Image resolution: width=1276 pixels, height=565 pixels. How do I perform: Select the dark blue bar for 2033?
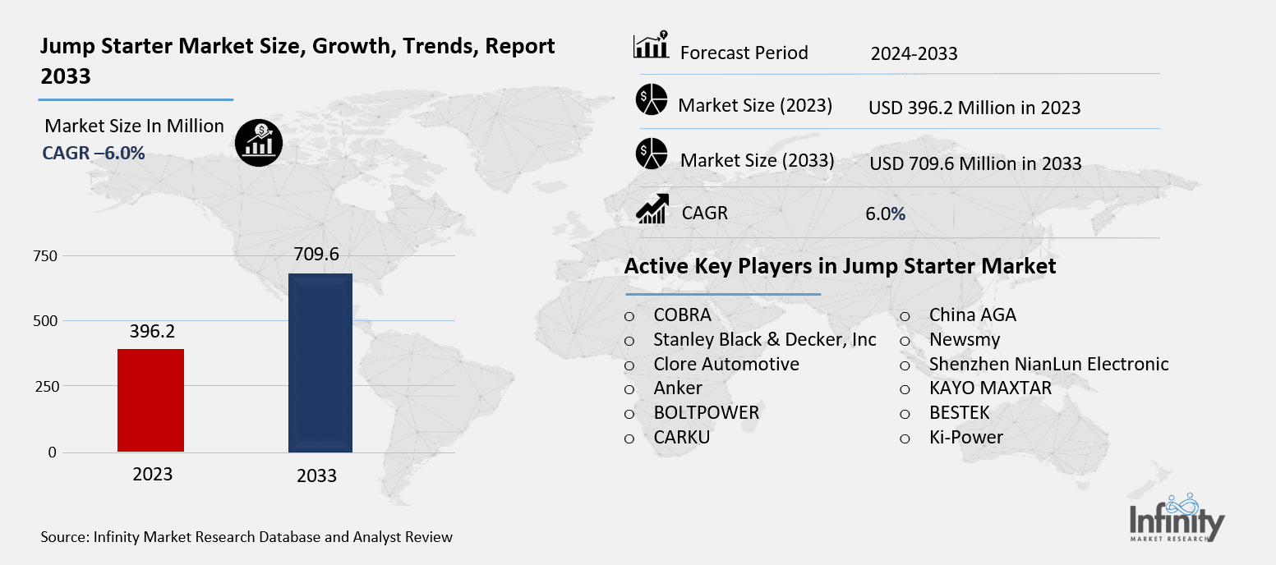click(320, 363)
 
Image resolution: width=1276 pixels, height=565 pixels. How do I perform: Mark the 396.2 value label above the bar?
click(153, 331)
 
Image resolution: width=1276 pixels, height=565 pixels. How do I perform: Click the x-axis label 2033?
click(316, 476)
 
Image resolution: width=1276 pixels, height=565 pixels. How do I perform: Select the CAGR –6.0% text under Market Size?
click(94, 153)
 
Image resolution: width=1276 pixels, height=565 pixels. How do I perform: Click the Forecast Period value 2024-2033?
click(914, 54)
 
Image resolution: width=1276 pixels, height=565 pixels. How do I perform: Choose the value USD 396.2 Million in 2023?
click(974, 108)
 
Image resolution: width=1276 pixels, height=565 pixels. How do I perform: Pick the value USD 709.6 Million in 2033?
click(974, 163)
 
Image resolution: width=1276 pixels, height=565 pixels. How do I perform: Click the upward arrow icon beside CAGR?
click(652, 210)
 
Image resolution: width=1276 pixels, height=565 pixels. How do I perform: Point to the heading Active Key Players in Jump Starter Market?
click(840, 266)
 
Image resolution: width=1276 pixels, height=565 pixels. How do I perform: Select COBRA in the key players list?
click(682, 315)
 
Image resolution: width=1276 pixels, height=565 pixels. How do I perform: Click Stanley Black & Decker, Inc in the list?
click(764, 339)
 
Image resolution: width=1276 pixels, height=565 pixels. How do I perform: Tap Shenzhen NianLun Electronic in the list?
click(1048, 364)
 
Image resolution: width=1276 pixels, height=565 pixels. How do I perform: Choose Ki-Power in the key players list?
click(965, 437)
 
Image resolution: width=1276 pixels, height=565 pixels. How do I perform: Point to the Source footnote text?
click(246, 537)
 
